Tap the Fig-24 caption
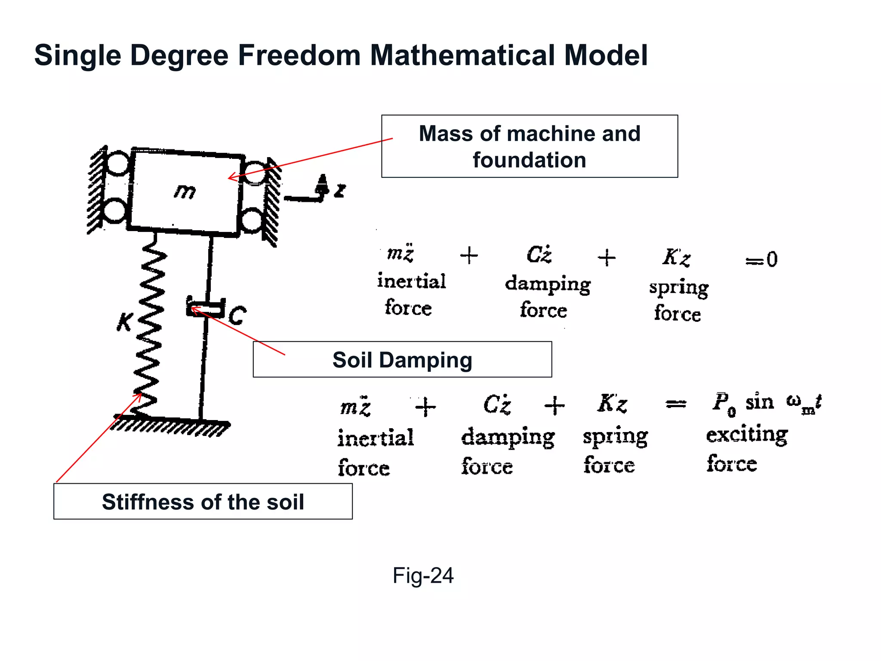point(423,575)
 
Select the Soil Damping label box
point(402,360)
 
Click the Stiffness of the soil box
point(203,502)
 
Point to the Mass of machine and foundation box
point(529,146)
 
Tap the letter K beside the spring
point(125,321)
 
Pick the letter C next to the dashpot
point(237,316)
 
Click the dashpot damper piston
point(206,308)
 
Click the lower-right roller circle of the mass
point(252,220)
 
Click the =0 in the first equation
point(761,259)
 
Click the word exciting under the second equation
point(747,434)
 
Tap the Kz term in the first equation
point(676,257)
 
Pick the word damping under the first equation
point(548,284)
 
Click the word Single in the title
point(78,55)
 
